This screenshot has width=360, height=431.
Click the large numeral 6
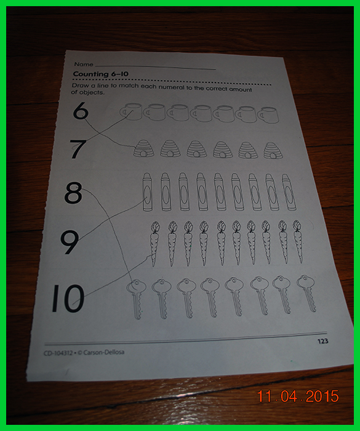81,110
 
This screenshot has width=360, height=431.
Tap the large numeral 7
78,149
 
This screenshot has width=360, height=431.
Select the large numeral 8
73,193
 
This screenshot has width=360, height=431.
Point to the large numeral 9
70,242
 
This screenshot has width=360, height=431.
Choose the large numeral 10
68,299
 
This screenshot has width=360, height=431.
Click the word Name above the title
84,64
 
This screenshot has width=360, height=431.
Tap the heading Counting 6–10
100,74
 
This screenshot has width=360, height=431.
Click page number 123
322,341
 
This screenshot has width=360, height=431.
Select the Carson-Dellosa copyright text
84,352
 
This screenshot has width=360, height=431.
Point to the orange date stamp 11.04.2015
298,396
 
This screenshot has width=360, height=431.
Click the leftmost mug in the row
131,111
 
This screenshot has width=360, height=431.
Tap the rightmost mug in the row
268,115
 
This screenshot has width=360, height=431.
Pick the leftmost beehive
143,148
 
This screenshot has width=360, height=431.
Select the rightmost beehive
273,150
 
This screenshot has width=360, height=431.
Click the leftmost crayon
148,192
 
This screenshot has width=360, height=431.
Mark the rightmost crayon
289,192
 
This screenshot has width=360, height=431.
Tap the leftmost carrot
154,244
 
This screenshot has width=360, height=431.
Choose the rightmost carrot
298,241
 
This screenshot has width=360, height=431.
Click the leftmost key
136,299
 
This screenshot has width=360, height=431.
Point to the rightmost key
306,293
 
